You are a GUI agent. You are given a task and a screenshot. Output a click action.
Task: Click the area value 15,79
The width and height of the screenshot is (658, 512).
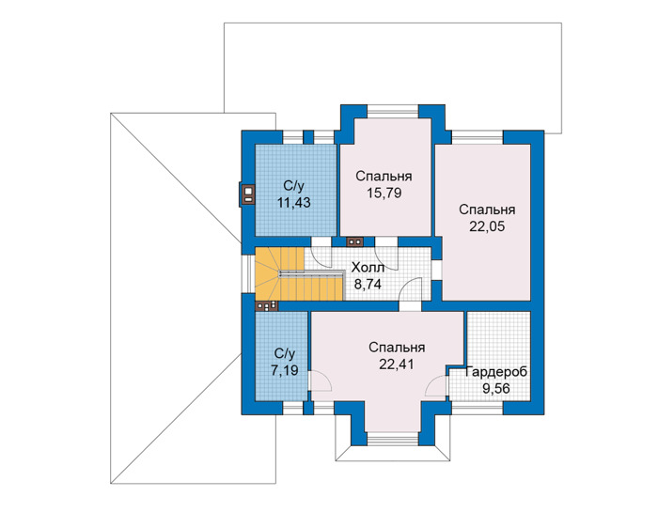click(384, 194)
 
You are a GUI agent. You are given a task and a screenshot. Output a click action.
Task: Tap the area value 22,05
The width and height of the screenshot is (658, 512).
click(487, 226)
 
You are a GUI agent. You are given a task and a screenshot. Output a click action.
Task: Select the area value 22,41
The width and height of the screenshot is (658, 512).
click(397, 365)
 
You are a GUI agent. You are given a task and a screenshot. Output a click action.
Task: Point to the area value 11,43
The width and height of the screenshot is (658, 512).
click(293, 203)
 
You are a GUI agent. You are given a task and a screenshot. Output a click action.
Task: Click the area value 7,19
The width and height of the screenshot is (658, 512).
click(285, 370)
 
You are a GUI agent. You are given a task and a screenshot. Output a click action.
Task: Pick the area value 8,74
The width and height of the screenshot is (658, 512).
click(368, 285)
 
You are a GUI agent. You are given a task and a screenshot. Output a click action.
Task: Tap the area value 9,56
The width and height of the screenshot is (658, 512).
click(496, 389)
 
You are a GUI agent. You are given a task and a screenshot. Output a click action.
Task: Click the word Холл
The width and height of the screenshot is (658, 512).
click(368, 267)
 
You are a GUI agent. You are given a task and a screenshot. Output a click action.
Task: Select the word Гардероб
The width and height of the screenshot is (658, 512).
click(496, 372)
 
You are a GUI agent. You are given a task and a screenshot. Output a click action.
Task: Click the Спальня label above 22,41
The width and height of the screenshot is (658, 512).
click(397, 348)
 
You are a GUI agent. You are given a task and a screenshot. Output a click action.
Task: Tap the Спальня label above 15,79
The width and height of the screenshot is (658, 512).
click(384, 176)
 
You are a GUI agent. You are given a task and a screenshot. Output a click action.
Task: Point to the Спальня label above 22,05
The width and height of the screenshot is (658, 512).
click(487, 209)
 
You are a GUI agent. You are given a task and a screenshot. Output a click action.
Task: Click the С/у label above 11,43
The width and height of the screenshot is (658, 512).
click(293, 186)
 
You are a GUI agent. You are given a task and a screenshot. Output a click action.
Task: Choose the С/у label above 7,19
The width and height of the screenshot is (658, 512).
click(285, 353)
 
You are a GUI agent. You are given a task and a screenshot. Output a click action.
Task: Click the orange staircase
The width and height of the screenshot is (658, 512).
click(299, 273)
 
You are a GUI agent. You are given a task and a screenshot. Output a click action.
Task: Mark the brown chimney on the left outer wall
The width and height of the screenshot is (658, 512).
click(248, 194)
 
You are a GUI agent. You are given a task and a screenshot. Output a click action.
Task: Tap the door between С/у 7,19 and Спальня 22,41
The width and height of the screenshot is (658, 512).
click(320, 380)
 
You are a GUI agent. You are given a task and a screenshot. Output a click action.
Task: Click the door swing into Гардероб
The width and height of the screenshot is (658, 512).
click(437, 386)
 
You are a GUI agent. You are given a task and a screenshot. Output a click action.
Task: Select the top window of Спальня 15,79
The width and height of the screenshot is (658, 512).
click(393, 111)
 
